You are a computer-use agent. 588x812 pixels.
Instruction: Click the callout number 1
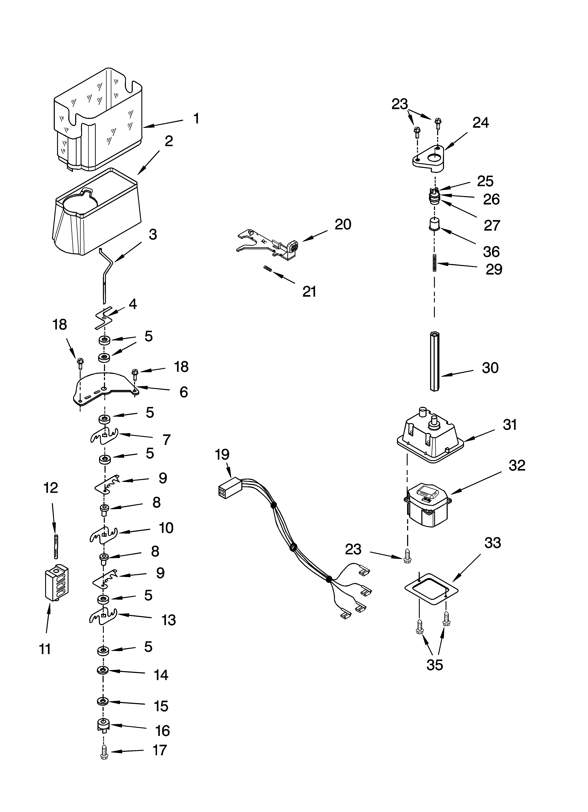(x=196, y=119)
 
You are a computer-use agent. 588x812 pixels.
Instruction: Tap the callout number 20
(x=343, y=224)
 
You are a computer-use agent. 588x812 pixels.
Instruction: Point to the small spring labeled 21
(x=268, y=268)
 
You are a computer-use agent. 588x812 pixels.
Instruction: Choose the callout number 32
(x=517, y=465)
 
